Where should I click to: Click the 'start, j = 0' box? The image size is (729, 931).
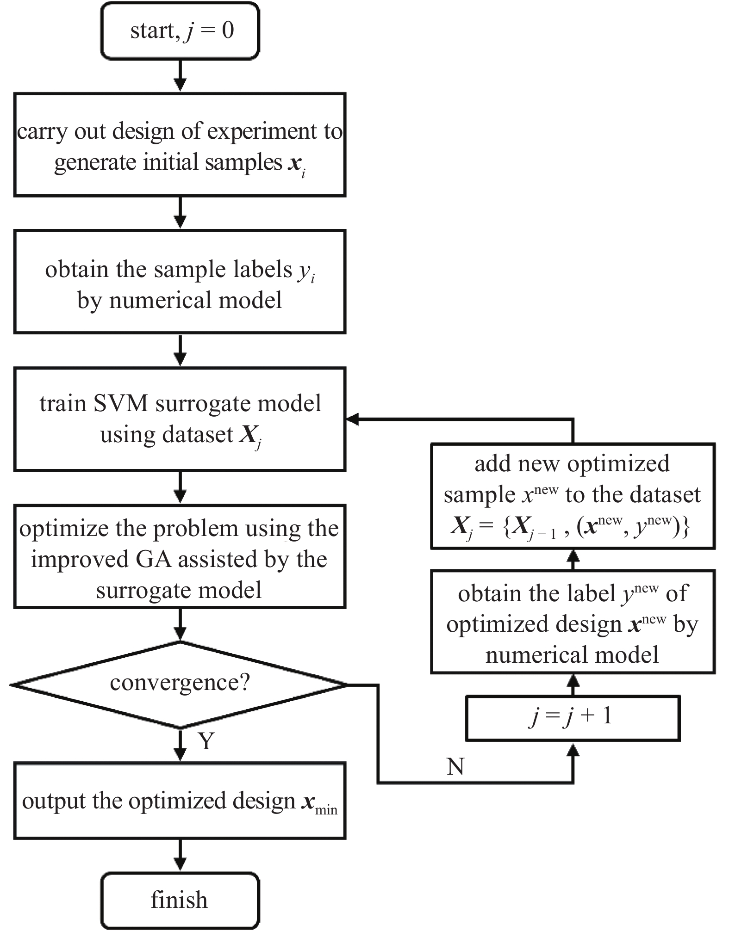coord(180,31)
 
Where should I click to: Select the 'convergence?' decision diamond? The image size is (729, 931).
coord(180,684)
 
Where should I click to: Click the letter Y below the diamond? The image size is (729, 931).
coord(206,741)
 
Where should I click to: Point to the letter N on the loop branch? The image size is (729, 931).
coord(455,767)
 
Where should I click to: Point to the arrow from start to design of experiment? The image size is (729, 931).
coord(180,76)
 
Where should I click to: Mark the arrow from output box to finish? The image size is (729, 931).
coord(180,856)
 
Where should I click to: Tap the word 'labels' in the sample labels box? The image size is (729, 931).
coord(265,270)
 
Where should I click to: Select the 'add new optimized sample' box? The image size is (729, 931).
coord(572,496)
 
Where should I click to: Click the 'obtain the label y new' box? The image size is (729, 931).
coord(572,622)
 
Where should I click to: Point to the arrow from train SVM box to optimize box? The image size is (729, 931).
coord(180,488)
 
